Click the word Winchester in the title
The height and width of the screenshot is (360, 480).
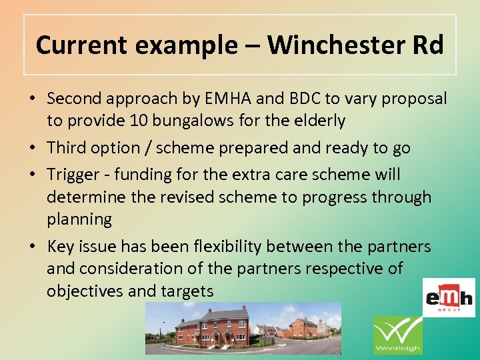(x=333, y=45)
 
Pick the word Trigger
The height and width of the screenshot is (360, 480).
(x=73, y=175)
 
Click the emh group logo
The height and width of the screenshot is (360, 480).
(x=449, y=297)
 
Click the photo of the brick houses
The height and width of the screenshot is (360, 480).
(x=243, y=328)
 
